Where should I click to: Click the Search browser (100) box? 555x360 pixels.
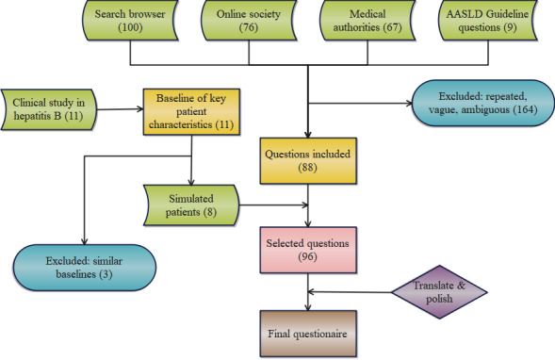[130, 20]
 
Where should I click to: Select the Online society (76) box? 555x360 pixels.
[249, 20]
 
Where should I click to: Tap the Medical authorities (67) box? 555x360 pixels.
[367, 20]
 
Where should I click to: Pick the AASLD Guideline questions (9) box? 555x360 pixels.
[488, 20]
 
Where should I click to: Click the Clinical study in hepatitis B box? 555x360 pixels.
[48, 109]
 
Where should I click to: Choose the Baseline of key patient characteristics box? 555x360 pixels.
[191, 112]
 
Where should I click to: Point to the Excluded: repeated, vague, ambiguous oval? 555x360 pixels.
[482, 103]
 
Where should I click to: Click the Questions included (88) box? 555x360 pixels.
[308, 161]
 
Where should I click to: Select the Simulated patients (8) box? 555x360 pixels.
[191, 205]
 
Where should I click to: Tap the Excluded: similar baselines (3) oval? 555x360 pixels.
[84, 268]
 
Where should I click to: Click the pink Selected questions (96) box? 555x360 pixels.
[308, 250]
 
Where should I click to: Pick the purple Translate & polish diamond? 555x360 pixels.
[439, 292]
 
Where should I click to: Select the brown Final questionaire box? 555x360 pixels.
[308, 334]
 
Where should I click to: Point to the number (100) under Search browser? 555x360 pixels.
[130, 27]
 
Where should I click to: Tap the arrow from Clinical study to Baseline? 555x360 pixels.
[120, 109]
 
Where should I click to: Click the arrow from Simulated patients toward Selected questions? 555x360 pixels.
[273, 205]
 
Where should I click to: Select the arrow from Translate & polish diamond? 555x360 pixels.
[350, 292]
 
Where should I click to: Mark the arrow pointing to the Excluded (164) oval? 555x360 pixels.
[360, 104]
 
